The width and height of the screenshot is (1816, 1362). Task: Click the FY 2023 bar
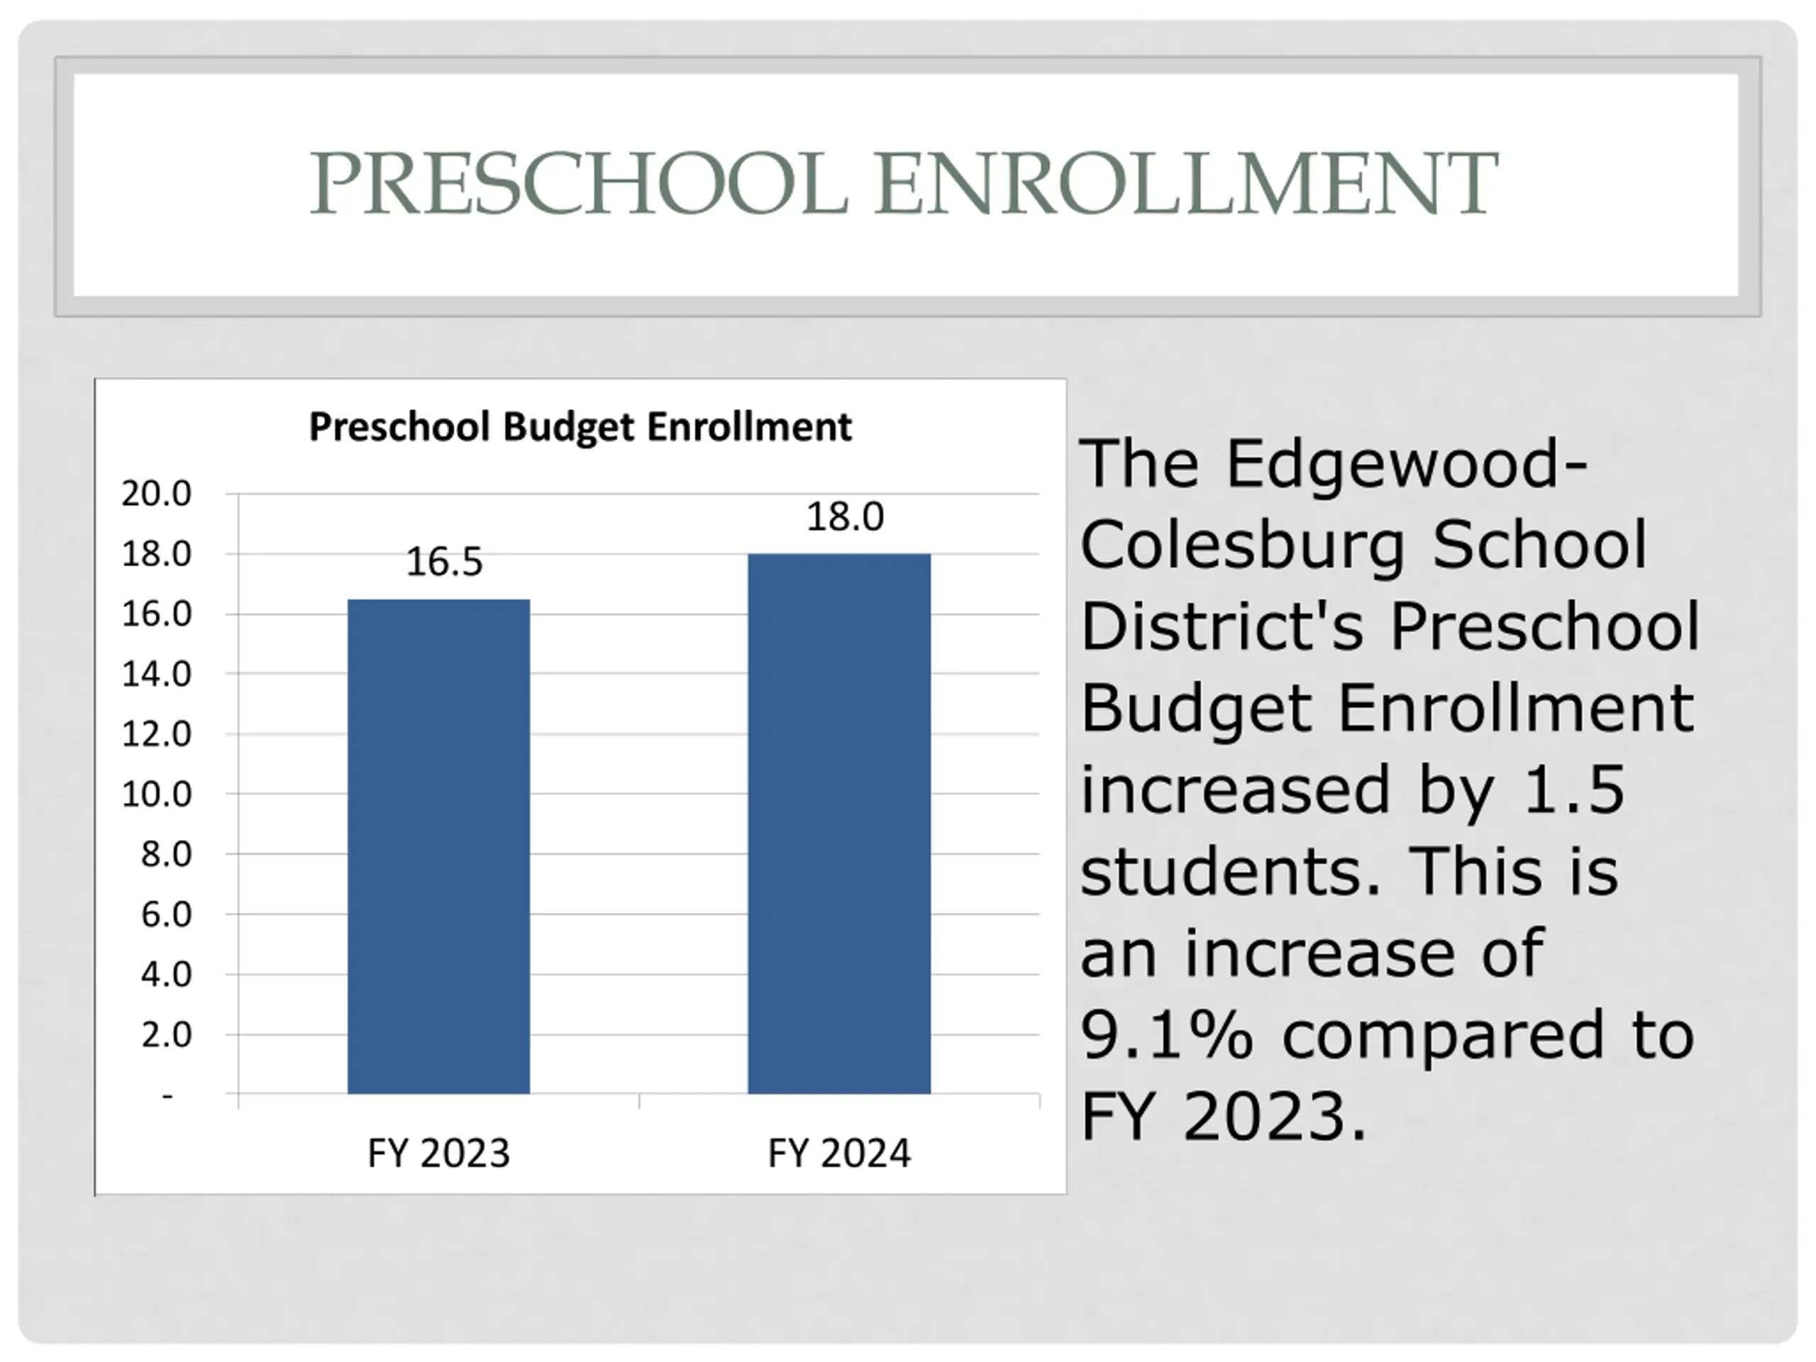(438, 846)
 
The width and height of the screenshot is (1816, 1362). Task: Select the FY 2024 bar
(839, 824)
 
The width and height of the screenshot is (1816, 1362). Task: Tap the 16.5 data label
(444, 563)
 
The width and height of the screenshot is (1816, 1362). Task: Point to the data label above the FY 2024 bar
(845, 517)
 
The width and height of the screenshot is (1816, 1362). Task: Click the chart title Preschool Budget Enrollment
(580, 427)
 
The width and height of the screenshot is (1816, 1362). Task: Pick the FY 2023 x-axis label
(438, 1153)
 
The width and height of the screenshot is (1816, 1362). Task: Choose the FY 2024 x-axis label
(839, 1153)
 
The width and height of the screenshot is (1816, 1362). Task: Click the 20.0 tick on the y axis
(156, 494)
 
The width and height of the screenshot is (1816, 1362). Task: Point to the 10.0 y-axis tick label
(156, 794)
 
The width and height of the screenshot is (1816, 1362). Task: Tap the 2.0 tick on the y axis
(166, 1034)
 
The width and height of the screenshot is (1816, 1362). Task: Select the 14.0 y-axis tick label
(156, 674)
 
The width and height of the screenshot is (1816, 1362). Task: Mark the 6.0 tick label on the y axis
(166, 914)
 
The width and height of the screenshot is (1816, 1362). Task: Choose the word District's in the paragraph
(1222, 626)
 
